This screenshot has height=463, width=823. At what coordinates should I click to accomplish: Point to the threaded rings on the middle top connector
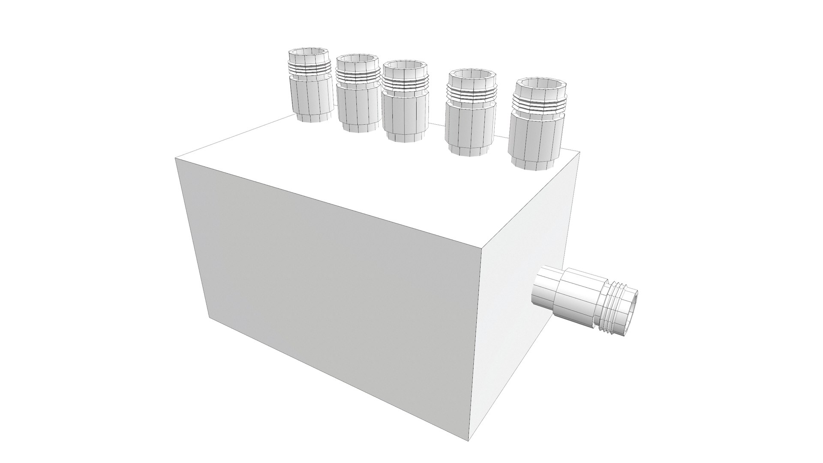point(405,84)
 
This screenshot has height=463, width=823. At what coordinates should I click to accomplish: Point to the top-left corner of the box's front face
point(176,158)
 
